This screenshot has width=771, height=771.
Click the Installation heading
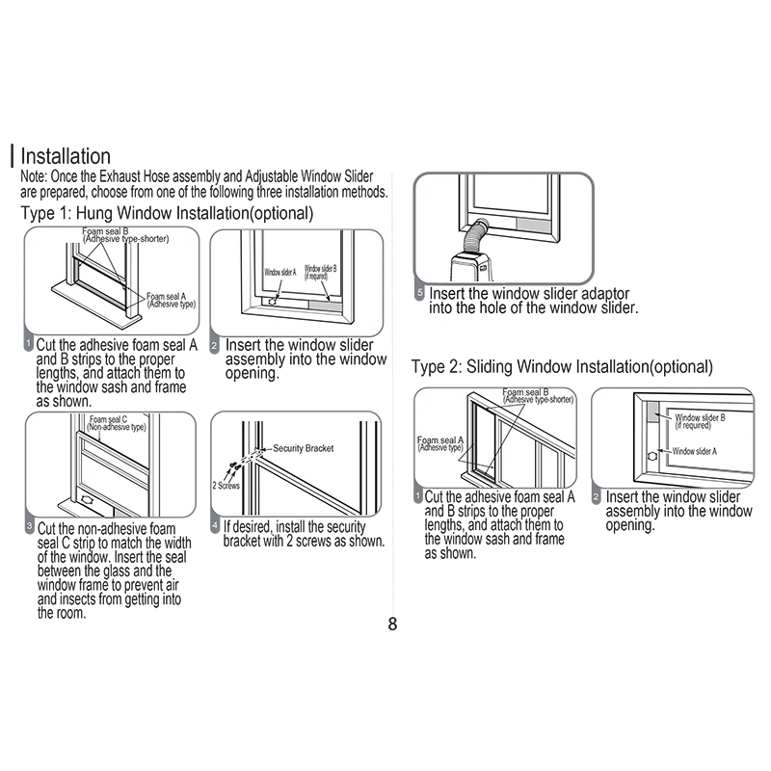[66, 156]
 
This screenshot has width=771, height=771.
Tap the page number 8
[392, 624]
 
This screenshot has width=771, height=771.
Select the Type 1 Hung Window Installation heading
[167, 213]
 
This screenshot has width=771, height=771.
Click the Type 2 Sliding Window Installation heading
[562, 367]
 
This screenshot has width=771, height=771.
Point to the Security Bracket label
[304, 448]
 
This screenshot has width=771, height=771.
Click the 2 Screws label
[226, 486]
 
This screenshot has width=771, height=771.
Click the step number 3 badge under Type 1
[30, 527]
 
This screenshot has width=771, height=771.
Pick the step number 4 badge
[215, 525]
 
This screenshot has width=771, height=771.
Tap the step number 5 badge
[419, 293]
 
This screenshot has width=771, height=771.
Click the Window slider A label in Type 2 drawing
[695, 451]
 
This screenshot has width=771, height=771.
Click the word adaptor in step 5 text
[605, 294]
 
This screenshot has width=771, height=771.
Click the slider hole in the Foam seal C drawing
[87, 499]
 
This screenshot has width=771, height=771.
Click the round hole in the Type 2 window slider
[652, 456]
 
